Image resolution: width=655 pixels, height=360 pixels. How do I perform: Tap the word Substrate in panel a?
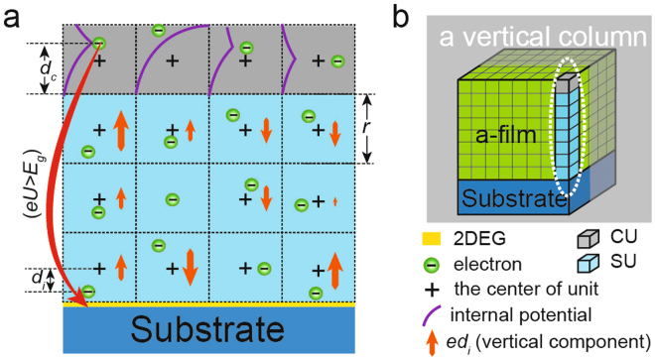208,328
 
